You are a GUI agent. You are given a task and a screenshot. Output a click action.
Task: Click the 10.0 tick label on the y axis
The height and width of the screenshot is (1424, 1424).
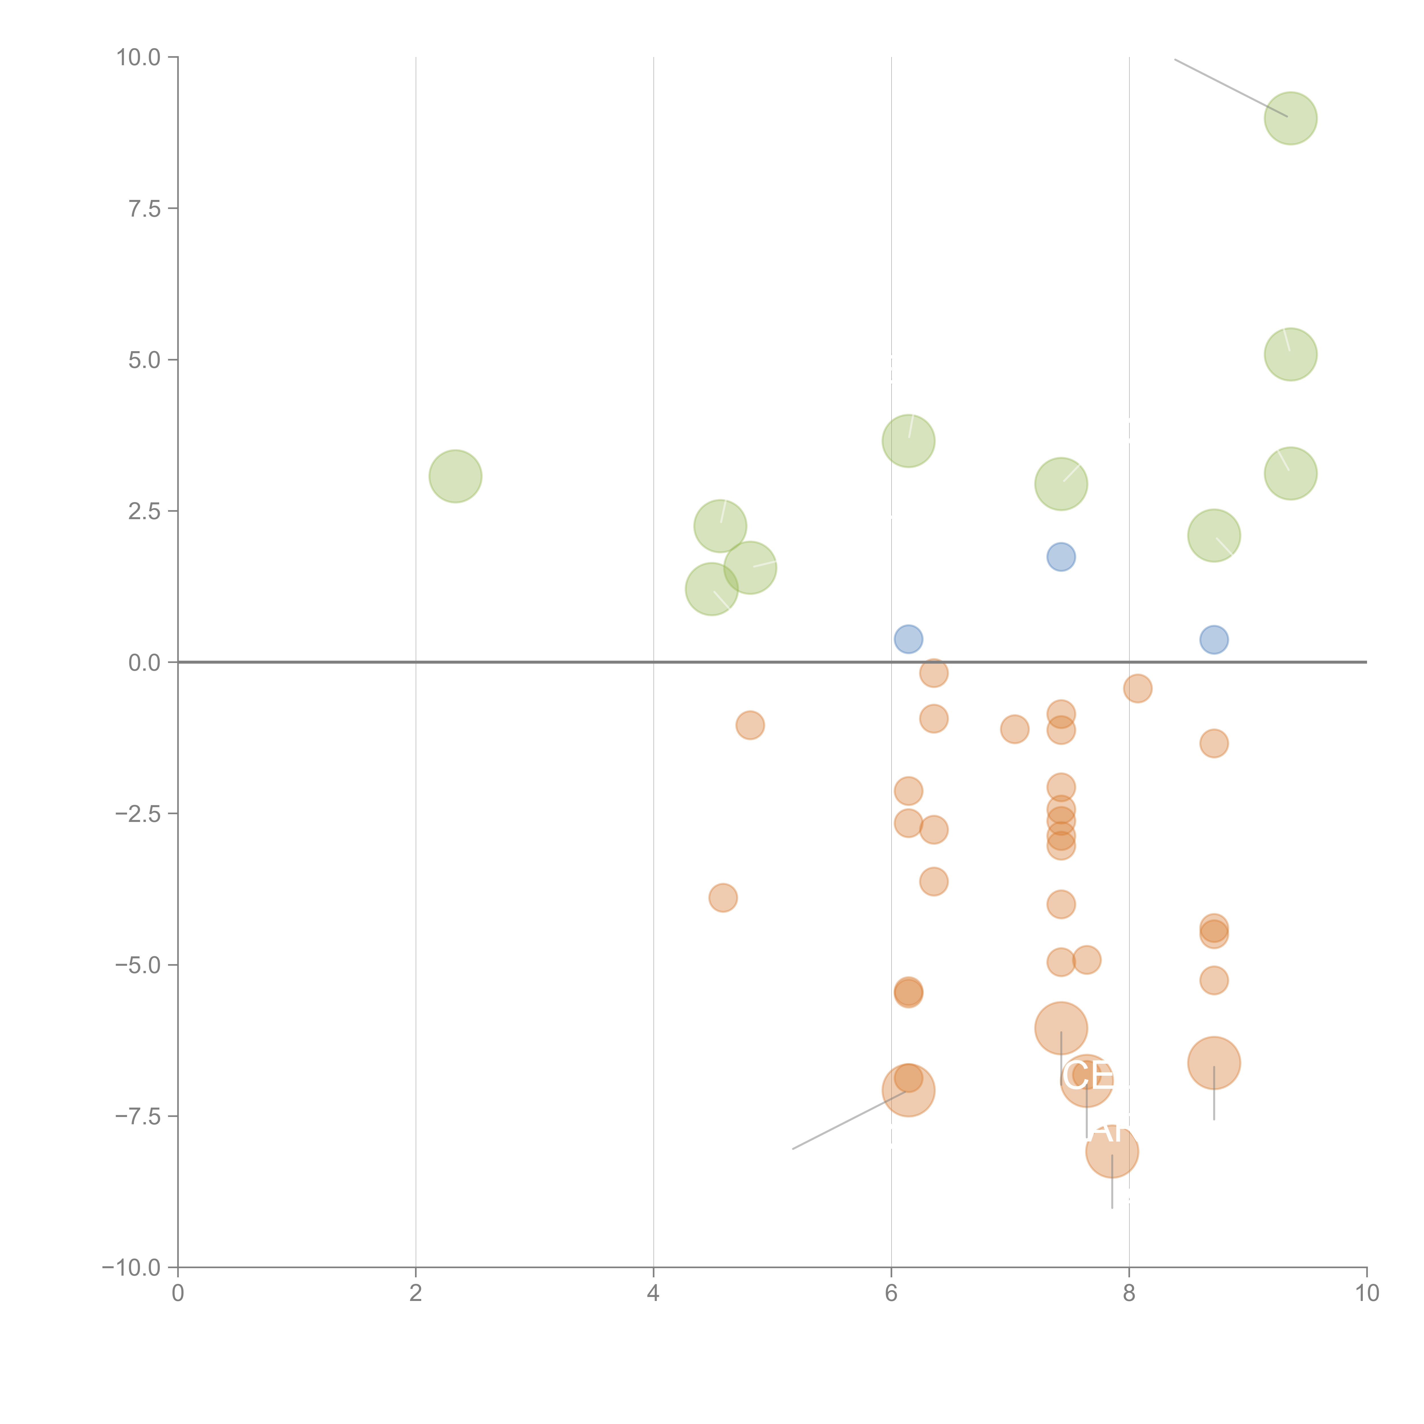coord(139,58)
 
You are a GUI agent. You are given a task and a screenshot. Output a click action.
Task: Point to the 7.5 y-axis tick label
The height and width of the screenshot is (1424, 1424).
coord(144,208)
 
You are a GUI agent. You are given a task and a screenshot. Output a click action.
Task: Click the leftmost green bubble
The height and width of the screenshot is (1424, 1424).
coord(455,476)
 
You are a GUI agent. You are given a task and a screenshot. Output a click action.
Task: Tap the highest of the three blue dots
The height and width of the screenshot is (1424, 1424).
coord(1061,556)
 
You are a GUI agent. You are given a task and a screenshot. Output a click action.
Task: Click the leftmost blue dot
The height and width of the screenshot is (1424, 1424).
coord(908,638)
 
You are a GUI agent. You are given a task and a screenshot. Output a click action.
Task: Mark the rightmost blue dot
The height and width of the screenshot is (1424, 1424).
coord(1214,639)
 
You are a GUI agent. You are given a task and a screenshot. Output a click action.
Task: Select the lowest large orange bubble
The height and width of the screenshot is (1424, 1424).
coord(1112,1151)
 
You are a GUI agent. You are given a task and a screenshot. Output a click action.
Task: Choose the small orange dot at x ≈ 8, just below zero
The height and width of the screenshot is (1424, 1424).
coord(1137,688)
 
